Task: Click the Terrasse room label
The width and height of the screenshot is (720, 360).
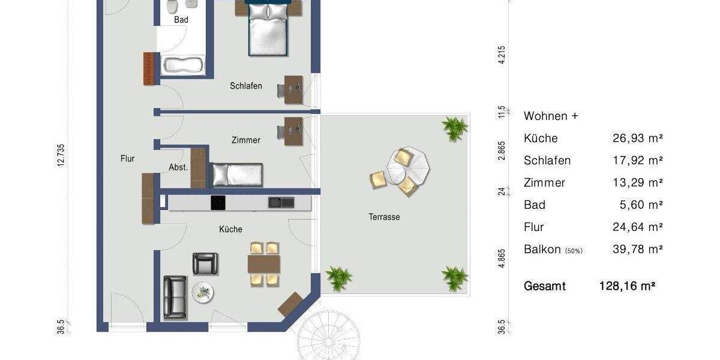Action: point(384,217)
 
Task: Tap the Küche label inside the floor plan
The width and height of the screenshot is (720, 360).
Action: point(230,229)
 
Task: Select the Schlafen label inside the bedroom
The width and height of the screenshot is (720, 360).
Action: point(246,86)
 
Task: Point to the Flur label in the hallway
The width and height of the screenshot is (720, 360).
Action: point(127,158)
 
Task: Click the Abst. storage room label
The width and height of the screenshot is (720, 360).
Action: point(178,168)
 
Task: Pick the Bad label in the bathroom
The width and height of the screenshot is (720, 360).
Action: point(181,20)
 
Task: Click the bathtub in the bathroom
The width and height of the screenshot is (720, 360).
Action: point(183,65)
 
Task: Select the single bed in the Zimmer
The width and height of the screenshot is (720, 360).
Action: point(236,174)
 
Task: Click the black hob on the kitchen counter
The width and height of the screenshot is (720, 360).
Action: point(217,203)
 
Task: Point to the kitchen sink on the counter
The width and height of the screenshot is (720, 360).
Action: point(281,203)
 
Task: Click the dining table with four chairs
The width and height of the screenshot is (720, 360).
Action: point(264,264)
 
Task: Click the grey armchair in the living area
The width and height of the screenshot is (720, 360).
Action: point(205,263)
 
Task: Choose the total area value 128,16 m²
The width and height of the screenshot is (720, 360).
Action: point(627,286)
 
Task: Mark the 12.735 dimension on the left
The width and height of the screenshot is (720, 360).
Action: point(61,157)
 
